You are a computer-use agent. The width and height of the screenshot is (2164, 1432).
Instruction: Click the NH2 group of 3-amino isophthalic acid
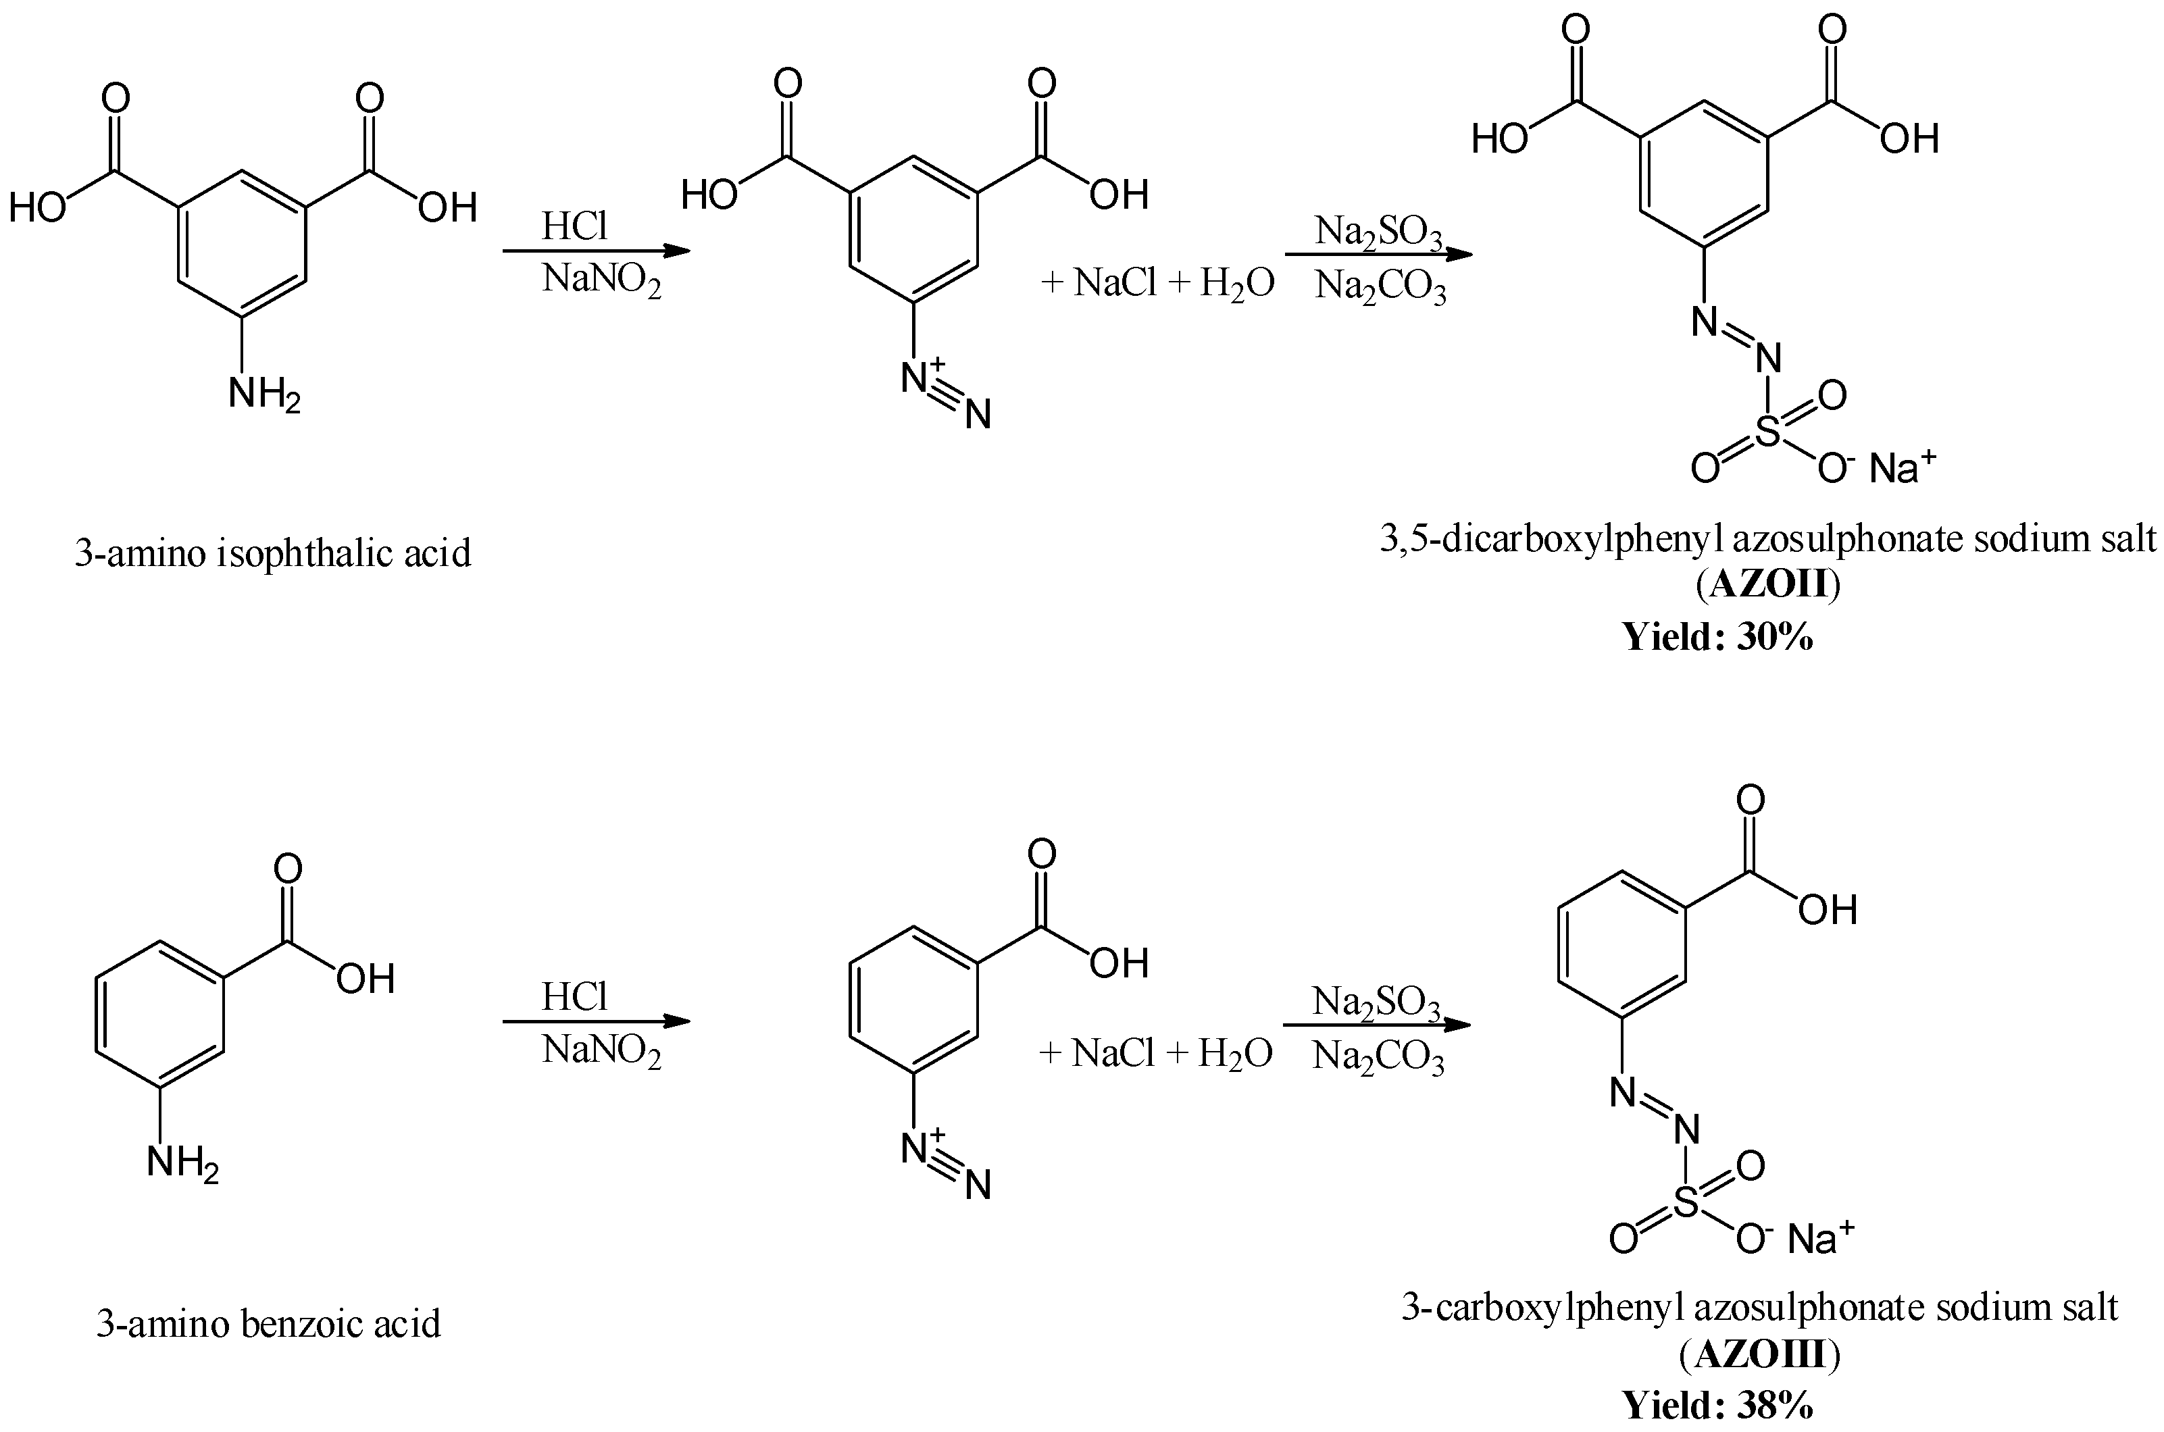point(263,394)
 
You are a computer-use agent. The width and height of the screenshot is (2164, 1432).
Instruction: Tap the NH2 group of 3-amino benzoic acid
point(182,1165)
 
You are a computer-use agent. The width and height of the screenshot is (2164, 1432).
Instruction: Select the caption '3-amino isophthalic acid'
point(272,553)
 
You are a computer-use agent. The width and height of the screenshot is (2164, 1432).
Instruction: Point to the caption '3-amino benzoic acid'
point(269,1323)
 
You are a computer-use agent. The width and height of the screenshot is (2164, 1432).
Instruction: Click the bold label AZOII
point(1767,584)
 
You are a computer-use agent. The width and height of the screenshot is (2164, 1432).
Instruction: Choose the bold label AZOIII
point(1759,1355)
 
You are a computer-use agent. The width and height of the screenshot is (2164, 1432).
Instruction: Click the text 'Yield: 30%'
point(1717,636)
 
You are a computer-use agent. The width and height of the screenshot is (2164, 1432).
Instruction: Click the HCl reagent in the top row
point(574,226)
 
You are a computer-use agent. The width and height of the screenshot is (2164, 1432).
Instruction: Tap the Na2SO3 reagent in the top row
point(1378,233)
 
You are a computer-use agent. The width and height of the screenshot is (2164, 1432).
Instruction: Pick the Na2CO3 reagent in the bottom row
point(1378,1058)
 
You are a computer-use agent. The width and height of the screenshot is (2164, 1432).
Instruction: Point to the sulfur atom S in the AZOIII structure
point(1686,1203)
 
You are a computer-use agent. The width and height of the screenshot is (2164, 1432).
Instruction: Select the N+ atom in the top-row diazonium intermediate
point(918,376)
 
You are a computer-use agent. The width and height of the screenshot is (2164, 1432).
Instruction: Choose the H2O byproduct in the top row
point(1237,284)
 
